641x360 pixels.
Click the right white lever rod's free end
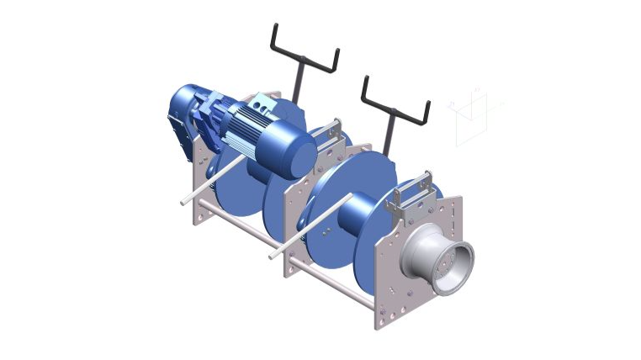pos(273,253)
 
